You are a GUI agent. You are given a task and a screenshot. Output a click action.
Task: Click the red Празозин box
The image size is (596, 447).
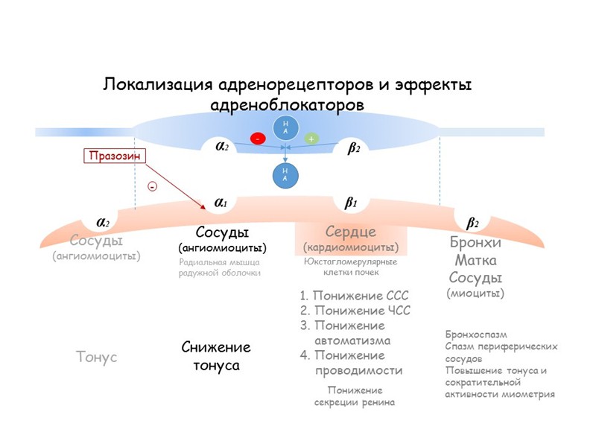click(x=114, y=156)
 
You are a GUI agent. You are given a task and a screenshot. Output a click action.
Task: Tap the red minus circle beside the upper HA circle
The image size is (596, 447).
click(x=258, y=139)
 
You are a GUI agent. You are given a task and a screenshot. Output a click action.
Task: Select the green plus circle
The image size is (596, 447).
click(x=311, y=139)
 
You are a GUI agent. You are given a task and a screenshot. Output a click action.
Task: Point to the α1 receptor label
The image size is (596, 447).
click(x=221, y=202)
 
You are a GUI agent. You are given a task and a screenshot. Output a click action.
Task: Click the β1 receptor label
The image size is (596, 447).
click(x=351, y=202)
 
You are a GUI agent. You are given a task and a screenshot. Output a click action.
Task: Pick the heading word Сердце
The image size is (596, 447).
click(x=350, y=232)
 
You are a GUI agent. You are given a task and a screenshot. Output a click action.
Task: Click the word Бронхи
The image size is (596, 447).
click(x=475, y=244)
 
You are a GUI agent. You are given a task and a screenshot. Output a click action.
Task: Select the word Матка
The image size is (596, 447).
click(x=475, y=261)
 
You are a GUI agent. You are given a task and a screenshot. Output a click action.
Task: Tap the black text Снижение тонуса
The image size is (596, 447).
click(x=216, y=356)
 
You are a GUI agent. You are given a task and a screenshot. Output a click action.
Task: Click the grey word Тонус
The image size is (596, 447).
click(x=97, y=357)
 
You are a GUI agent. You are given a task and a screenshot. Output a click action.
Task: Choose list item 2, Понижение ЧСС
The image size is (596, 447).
click(x=355, y=311)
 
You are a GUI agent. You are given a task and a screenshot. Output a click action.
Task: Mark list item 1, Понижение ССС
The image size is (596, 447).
click(x=354, y=296)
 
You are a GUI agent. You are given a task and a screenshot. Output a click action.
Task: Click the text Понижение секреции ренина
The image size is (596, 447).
click(x=354, y=396)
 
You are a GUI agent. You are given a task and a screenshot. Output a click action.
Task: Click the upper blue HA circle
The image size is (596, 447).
click(x=285, y=127)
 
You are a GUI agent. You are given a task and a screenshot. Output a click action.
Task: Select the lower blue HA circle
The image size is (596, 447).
click(x=285, y=174)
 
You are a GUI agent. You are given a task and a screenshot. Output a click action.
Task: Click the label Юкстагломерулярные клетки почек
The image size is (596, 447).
click(x=350, y=267)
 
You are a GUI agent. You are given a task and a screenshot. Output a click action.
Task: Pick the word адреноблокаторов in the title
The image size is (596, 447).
click(x=288, y=104)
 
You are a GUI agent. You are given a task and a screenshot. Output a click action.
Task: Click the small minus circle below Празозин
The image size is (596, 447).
click(x=153, y=187)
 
